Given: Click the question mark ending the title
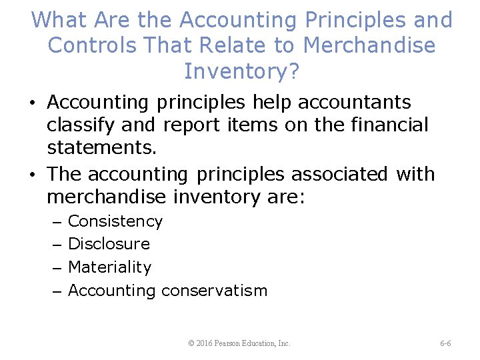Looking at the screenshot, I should point(293,70).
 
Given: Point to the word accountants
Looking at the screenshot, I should point(355,103).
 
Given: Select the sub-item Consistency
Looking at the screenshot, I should point(115,221).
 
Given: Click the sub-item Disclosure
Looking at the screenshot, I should point(109,244).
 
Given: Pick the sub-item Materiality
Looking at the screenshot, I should point(110,267).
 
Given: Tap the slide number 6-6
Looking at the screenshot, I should point(445,343).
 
